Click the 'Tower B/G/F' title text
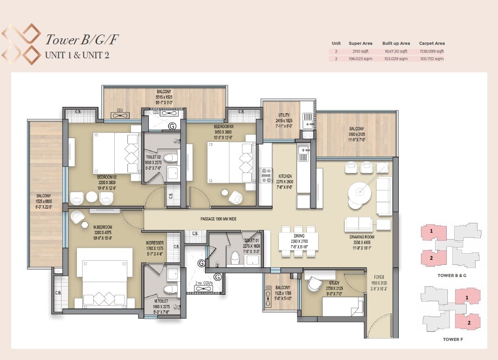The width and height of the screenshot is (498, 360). (81, 40)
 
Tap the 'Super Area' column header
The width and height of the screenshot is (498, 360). (360, 43)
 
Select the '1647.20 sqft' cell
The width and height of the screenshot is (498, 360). (395, 51)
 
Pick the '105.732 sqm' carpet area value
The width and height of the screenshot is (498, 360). (431, 59)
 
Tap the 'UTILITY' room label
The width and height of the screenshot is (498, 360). (284, 115)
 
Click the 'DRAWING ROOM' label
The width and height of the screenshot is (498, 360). (362, 237)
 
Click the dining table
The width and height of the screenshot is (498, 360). (298, 241)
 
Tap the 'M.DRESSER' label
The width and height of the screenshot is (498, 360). (154, 242)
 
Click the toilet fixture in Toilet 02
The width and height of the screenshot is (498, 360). (172, 157)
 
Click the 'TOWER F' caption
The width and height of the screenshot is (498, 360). (453, 339)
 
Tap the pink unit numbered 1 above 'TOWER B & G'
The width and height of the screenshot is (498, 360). (432, 231)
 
